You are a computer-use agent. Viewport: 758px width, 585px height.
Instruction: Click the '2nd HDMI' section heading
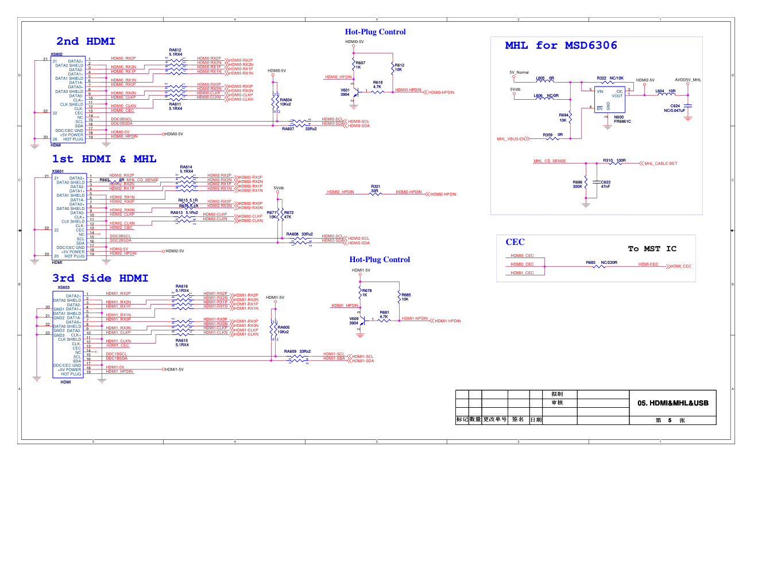pos(86,41)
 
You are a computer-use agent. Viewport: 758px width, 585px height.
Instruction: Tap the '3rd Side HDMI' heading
pos(100,278)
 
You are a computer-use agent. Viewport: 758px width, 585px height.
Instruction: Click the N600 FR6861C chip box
pos(609,100)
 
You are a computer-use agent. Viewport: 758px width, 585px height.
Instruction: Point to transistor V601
pos(355,92)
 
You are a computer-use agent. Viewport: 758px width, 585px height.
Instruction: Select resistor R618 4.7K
pos(377,91)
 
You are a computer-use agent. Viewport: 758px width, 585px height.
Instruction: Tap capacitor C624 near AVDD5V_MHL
pos(688,107)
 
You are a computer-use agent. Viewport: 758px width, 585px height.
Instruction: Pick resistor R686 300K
pos(586,184)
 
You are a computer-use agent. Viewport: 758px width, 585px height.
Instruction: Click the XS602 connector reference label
pos(56,54)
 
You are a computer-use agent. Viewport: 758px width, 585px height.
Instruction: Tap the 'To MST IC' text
pos(652,249)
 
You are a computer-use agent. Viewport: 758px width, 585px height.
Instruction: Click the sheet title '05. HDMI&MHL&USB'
pos(672,403)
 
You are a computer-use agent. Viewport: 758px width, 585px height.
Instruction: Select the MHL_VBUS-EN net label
pos(511,139)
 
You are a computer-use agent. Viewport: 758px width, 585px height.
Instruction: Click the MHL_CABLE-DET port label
pos(660,163)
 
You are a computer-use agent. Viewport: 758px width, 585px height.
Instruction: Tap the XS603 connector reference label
pos(63,287)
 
